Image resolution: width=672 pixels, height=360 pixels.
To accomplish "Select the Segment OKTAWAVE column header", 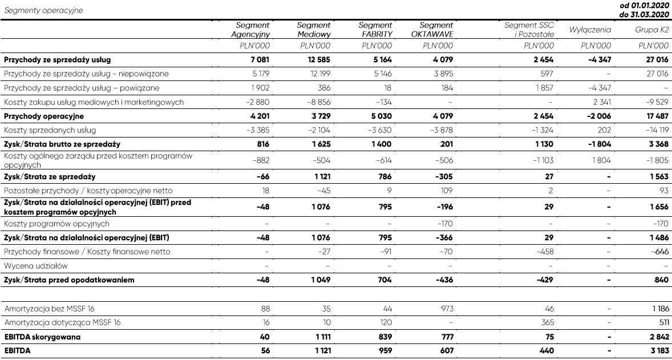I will (436, 30).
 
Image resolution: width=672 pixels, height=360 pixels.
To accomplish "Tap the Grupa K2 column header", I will (652, 30).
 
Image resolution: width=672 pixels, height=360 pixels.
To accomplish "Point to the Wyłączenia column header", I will (590, 30).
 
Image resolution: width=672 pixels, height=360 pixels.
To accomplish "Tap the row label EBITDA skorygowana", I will (42, 337).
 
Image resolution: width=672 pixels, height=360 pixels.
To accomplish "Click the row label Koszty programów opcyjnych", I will (56, 224).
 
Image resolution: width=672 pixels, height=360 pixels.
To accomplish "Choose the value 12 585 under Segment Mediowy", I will (318, 59).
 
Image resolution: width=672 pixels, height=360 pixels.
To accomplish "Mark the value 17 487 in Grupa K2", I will (655, 116).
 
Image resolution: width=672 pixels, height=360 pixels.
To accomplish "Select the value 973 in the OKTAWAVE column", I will (446, 309).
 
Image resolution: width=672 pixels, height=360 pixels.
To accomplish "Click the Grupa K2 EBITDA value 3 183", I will (657, 351).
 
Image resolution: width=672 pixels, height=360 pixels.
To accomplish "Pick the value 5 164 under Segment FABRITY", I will (382, 59).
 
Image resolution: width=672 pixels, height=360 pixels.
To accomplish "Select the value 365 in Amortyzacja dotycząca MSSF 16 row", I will (546, 323).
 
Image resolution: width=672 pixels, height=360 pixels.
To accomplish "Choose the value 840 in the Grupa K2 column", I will (661, 280).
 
